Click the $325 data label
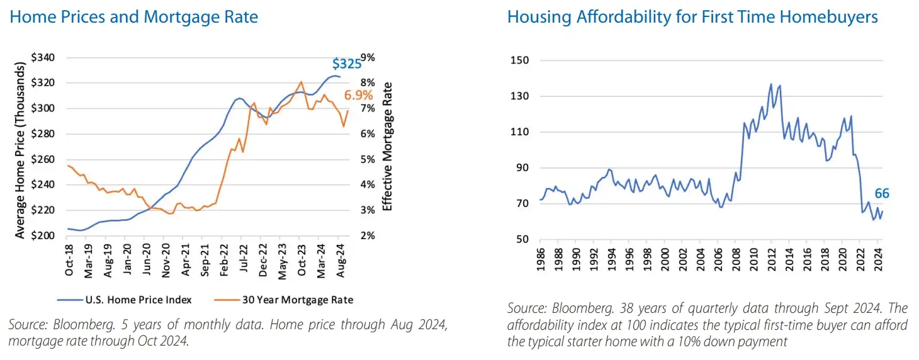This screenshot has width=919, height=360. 347,64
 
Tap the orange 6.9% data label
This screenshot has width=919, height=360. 358,96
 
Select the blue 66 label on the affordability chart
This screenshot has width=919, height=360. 882,194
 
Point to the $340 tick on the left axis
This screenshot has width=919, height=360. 43,58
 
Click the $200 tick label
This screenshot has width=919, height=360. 43,236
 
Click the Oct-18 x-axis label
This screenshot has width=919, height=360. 69,259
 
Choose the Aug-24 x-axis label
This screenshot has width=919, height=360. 339,259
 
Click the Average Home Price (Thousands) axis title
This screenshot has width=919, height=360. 20,146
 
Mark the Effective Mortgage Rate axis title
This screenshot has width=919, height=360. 388,146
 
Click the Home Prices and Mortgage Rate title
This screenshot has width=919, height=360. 134,17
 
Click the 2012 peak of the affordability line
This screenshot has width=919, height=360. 770,84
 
